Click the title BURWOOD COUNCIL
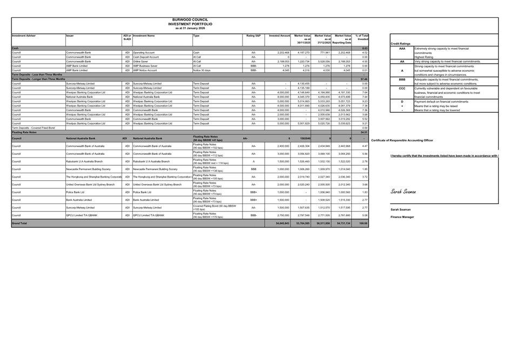coord(190,20)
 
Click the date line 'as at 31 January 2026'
coord(190,28)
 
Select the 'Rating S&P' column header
coord(253,36)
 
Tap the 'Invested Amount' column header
coord(280,36)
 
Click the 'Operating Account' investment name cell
coord(144,53)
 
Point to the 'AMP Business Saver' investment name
coord(145,66)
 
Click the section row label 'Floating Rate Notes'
coord(24,132)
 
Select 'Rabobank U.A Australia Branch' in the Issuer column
coord(88,161)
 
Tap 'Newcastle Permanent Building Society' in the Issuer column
coord(91,169)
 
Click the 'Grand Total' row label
coord(19,223)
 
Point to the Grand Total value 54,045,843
coord(282,223)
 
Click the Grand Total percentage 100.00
coord(364,223)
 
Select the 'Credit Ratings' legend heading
coord(400,44)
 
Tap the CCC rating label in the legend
coord(402,88)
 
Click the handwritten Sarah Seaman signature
coord(403,192)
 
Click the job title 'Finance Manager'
coord(401,217)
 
